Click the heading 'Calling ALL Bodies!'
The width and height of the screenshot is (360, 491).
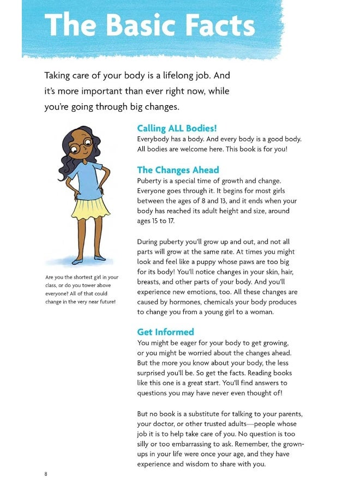pyautogui.click(x=177, y=128)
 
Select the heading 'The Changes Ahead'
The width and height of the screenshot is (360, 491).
pyautogui.click(x=178, y=170)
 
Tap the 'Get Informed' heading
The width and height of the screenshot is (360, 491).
pyautogui.click(x=165, y=332)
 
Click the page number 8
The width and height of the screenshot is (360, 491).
pyautogui.click(x=46, y=474)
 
